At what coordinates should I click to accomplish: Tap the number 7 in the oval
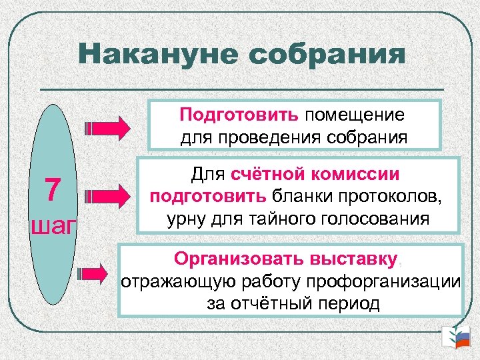coord(54,191)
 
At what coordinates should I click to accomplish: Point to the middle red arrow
coord(110,196)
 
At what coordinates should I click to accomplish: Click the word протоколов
coord(395,197)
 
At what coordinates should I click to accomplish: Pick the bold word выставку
coord(351,257)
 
